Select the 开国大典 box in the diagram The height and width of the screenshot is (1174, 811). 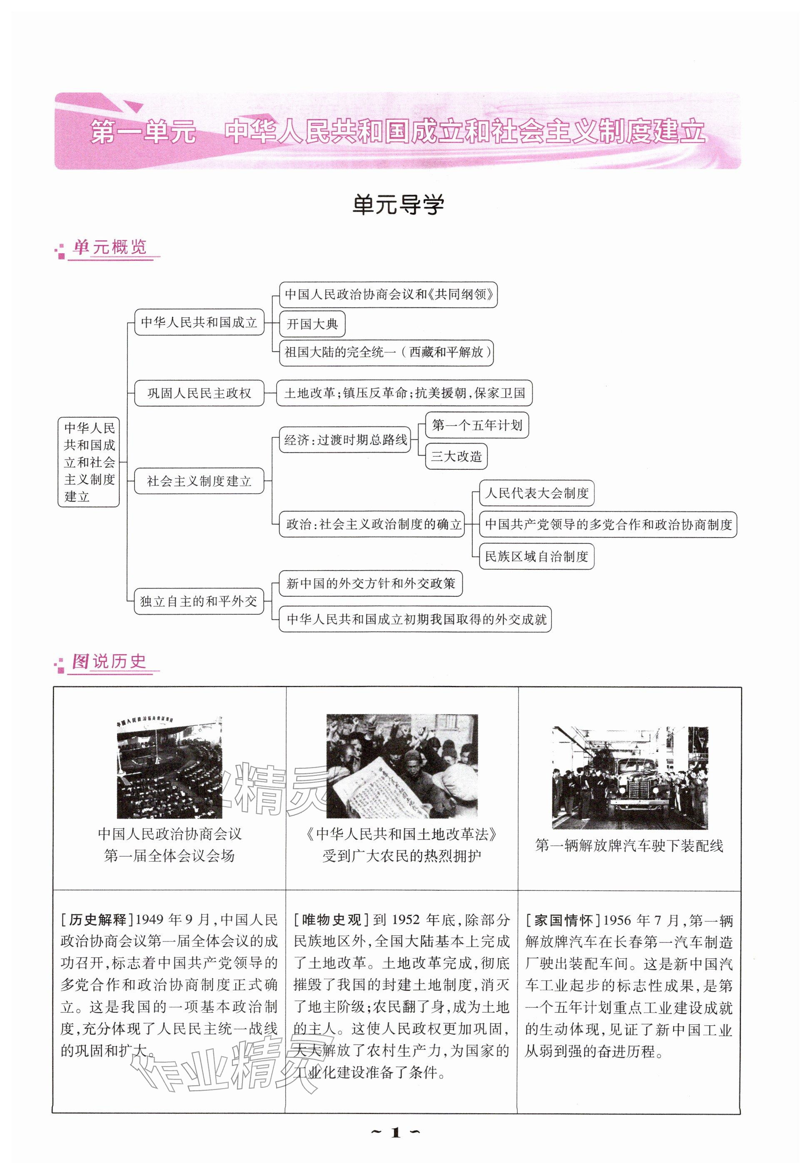[312, 324]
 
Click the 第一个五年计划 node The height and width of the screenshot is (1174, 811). [477, 425]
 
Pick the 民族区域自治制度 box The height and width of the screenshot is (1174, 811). [536, 556]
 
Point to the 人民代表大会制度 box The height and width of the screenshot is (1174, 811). [537, 493]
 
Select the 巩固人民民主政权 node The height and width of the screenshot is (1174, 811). [199, 393]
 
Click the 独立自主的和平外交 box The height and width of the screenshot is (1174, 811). [199, 601]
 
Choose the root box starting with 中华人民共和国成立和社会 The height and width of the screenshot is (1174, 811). [89, 462]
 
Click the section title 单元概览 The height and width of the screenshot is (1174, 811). [109, 248]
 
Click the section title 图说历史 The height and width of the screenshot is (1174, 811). [109, 661]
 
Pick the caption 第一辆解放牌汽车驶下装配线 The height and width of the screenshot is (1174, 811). [629, 845]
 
